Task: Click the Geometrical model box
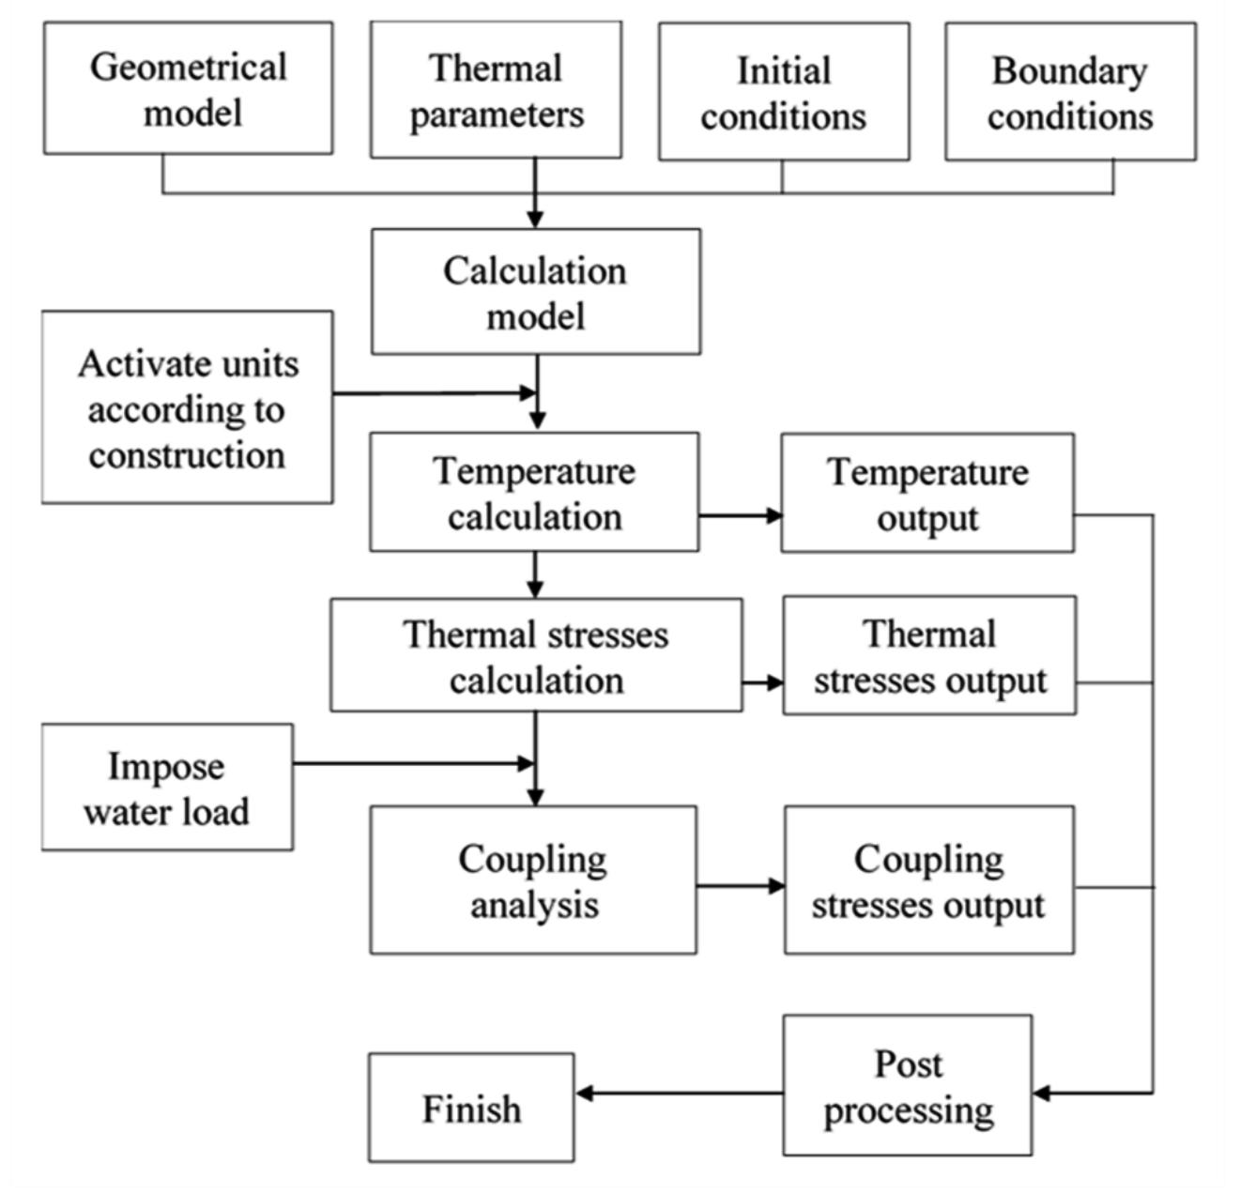click(x=188, y=88)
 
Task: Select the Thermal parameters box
click(x=496, y=90)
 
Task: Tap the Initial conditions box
click(x=784, y=92)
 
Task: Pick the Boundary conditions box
click(x=1070, y=92)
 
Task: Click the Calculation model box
click(x=535, y=292)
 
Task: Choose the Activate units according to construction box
click(x=187, y=407)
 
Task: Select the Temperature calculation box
click(x=534, y=492)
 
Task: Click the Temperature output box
click(x=927, y=493)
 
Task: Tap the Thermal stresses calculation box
click(x=536, y=655)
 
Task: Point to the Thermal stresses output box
click(x=929, y=655)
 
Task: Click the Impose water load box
click(x=167, y=788)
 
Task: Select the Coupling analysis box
click(x=533, y=880)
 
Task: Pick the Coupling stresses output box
click(x=929, y=880)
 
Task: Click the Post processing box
click(x=908, y=1086)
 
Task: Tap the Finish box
click(x=471, y=1109)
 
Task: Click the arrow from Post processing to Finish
click(x=680, y=1094)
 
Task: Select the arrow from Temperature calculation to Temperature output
click(x=740, y=515)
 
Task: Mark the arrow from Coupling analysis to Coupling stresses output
click(x=740, y=886)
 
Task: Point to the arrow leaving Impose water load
click(x=413, y=764)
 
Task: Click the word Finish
click(x=471, y=1109)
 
